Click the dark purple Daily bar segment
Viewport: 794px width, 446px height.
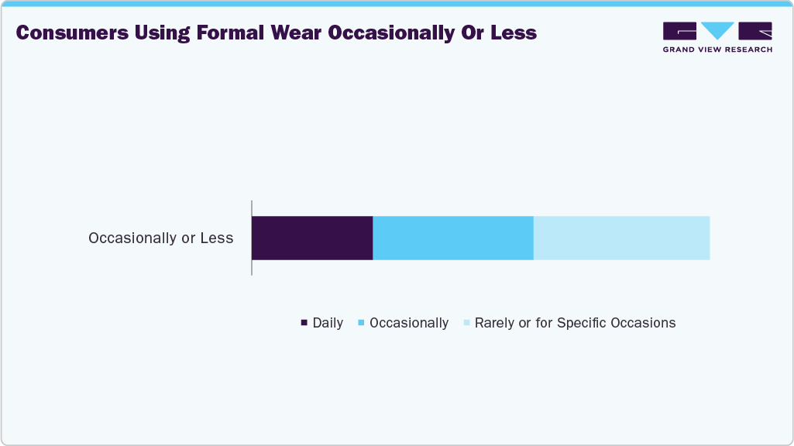[x=312, y=238]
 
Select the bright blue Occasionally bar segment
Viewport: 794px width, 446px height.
[x=453, y=238]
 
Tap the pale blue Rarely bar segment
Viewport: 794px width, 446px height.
[x=621, y=238]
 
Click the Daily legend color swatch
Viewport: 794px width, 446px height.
[x=304, y=322]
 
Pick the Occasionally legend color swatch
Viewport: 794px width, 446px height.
[x=361, y=322]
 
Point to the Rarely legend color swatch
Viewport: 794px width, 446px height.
[x=466, y=322]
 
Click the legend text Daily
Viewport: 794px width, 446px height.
[x=328, y=323]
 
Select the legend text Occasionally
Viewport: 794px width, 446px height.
[x=409, y=323]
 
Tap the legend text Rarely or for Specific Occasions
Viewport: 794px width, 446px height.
[x=575, y=323]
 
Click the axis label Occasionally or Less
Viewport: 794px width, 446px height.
[x=161, y=238]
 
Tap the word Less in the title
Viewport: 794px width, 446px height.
[x=512, y=33]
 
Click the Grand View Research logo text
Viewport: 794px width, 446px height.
[x=717, y=49]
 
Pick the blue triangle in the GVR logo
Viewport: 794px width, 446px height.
[x=717, y=30]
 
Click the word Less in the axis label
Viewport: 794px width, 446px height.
[x=217, y=238]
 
